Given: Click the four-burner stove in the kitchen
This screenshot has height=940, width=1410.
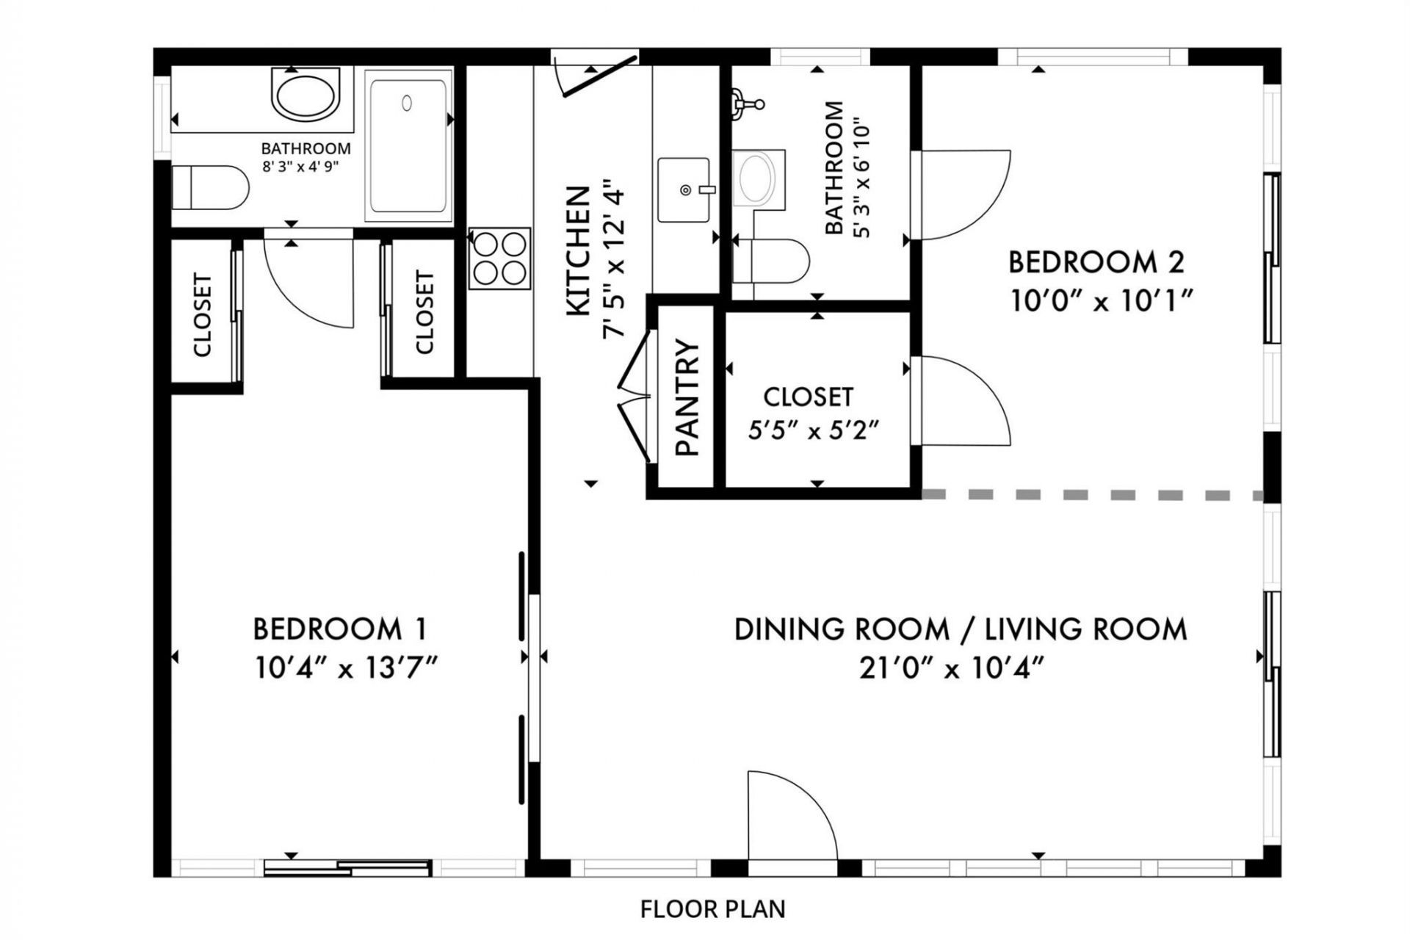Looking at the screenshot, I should (500, 258).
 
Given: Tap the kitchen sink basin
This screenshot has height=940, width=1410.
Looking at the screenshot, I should (684, 189).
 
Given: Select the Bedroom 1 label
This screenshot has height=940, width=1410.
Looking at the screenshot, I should (339, 629).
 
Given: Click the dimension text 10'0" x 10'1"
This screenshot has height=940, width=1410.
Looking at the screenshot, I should (1100, 301).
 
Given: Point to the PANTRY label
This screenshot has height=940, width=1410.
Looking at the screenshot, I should (687, 397).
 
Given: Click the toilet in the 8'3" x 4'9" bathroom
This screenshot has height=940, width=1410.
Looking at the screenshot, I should (210, 187).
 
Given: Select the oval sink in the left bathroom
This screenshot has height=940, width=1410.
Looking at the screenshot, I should (305, 93).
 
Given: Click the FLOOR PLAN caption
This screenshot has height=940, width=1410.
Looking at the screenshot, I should (712, 909).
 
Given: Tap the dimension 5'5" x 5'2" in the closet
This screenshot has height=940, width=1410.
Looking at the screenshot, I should (813, 430).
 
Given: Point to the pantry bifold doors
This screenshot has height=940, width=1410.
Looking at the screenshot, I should (634, 397).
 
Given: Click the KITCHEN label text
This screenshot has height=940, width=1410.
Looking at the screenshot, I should (579, 252).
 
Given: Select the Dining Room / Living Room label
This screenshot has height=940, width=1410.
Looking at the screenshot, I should (961, 629).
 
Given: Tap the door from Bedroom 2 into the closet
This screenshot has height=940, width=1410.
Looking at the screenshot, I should (962, 400).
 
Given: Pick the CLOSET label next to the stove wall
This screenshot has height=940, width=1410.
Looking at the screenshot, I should (424, 312).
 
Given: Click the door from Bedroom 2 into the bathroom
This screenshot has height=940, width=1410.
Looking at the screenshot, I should (962, 195).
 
